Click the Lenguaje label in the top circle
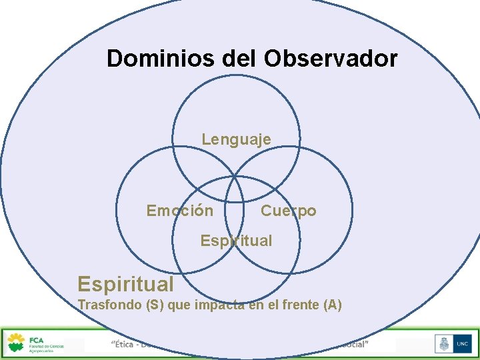pyautogui.click(x=236, y=139)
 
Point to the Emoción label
pyautogui.click(x=180, y=211)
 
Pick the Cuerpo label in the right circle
pyautogui.click(x=288, y=211)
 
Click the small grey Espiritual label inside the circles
pyautogui.click(x=236, y=241)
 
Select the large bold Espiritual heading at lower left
pyautogui.click(x=125, y=285)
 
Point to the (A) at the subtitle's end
pyautogui.click(x=332, y=305)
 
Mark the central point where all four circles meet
pyautogui.click(x=235, y=177)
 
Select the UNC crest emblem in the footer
pyautogui.click(x=442, y=345)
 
